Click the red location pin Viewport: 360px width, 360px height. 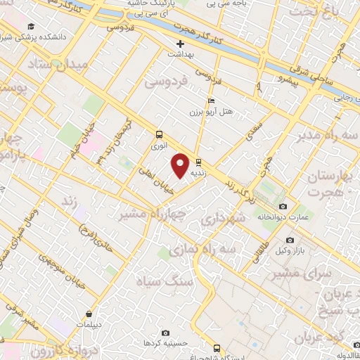(x=180, y=165)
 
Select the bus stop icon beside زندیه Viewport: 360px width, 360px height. (x=199, y=160)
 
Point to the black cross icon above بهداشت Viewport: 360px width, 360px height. (x=181, y=44)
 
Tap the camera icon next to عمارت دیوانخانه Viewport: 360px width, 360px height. (x=283, y=207)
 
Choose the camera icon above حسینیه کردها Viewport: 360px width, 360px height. (x=165, y=333)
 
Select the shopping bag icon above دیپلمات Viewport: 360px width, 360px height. (x=89, y=314)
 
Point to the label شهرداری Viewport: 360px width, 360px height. (x=224, y=219)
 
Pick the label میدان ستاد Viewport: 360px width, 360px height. (x=50, y=65)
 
